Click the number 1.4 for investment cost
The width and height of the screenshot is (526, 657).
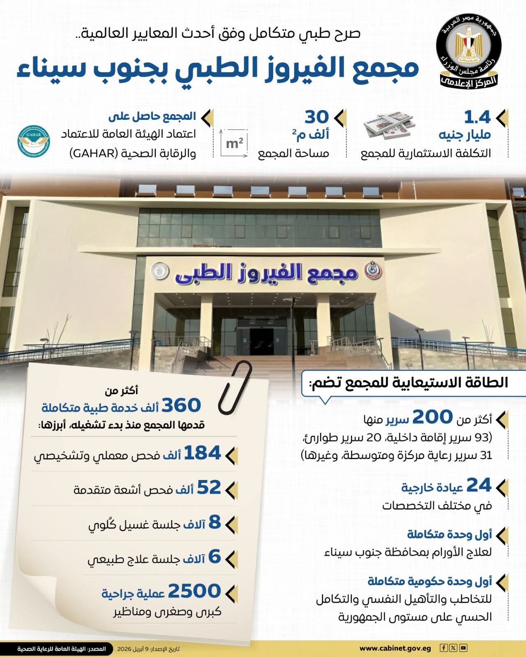point(477,118)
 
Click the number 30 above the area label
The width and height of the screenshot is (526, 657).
point(316,117)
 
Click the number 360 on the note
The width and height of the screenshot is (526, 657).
point(181,406)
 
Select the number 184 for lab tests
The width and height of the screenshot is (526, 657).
point(202,453)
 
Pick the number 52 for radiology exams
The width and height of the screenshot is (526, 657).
point(209,488)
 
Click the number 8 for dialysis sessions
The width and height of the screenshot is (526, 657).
point(215,523)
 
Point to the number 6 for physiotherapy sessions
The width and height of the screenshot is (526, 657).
point(215,557)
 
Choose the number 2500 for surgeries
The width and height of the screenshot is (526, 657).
point(194,591)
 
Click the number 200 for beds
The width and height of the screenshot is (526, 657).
point(432,417)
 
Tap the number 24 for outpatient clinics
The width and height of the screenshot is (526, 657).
point(479,486)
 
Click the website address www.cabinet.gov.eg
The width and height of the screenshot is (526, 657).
point(395,649)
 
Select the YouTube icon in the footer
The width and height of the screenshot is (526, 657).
point(464,648)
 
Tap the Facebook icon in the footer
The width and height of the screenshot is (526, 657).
point(444,648)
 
